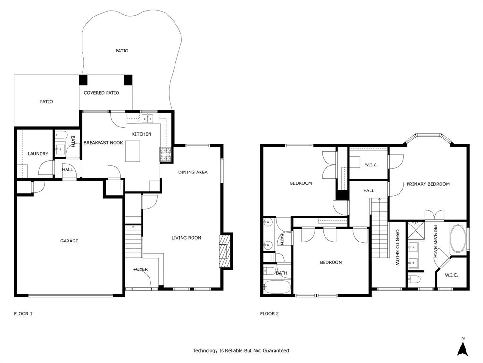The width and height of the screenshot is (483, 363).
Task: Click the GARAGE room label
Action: click(69, 241)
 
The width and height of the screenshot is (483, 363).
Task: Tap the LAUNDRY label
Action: click(38, 154)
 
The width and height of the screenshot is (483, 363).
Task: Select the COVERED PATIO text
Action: click(101, 93)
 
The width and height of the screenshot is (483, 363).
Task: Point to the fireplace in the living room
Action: click(225, 251)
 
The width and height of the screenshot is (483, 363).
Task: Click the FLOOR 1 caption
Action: click(23, 313)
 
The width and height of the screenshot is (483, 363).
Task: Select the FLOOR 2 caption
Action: click(269, 313)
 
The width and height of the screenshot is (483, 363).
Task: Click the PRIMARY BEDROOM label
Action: click(428, 184)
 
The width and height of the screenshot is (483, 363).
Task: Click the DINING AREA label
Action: click(193, 172)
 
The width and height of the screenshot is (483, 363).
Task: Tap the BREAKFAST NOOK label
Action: click(103, 143)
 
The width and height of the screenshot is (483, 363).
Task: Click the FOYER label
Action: click(141, 269)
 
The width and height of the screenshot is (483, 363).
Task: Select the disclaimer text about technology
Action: click(241, 351)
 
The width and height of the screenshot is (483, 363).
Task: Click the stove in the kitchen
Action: click(166, 152)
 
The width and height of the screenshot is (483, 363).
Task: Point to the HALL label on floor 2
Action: click(369, 191)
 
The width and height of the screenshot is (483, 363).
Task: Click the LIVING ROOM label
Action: click(186, 238)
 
